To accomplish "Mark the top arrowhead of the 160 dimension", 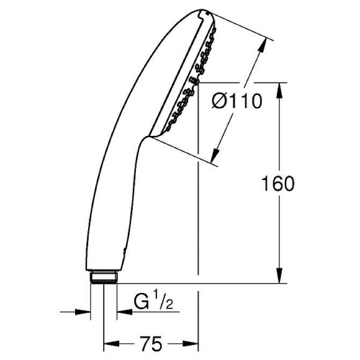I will click(x=280, y=88).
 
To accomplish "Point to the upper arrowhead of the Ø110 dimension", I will click(x=268, y=45).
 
